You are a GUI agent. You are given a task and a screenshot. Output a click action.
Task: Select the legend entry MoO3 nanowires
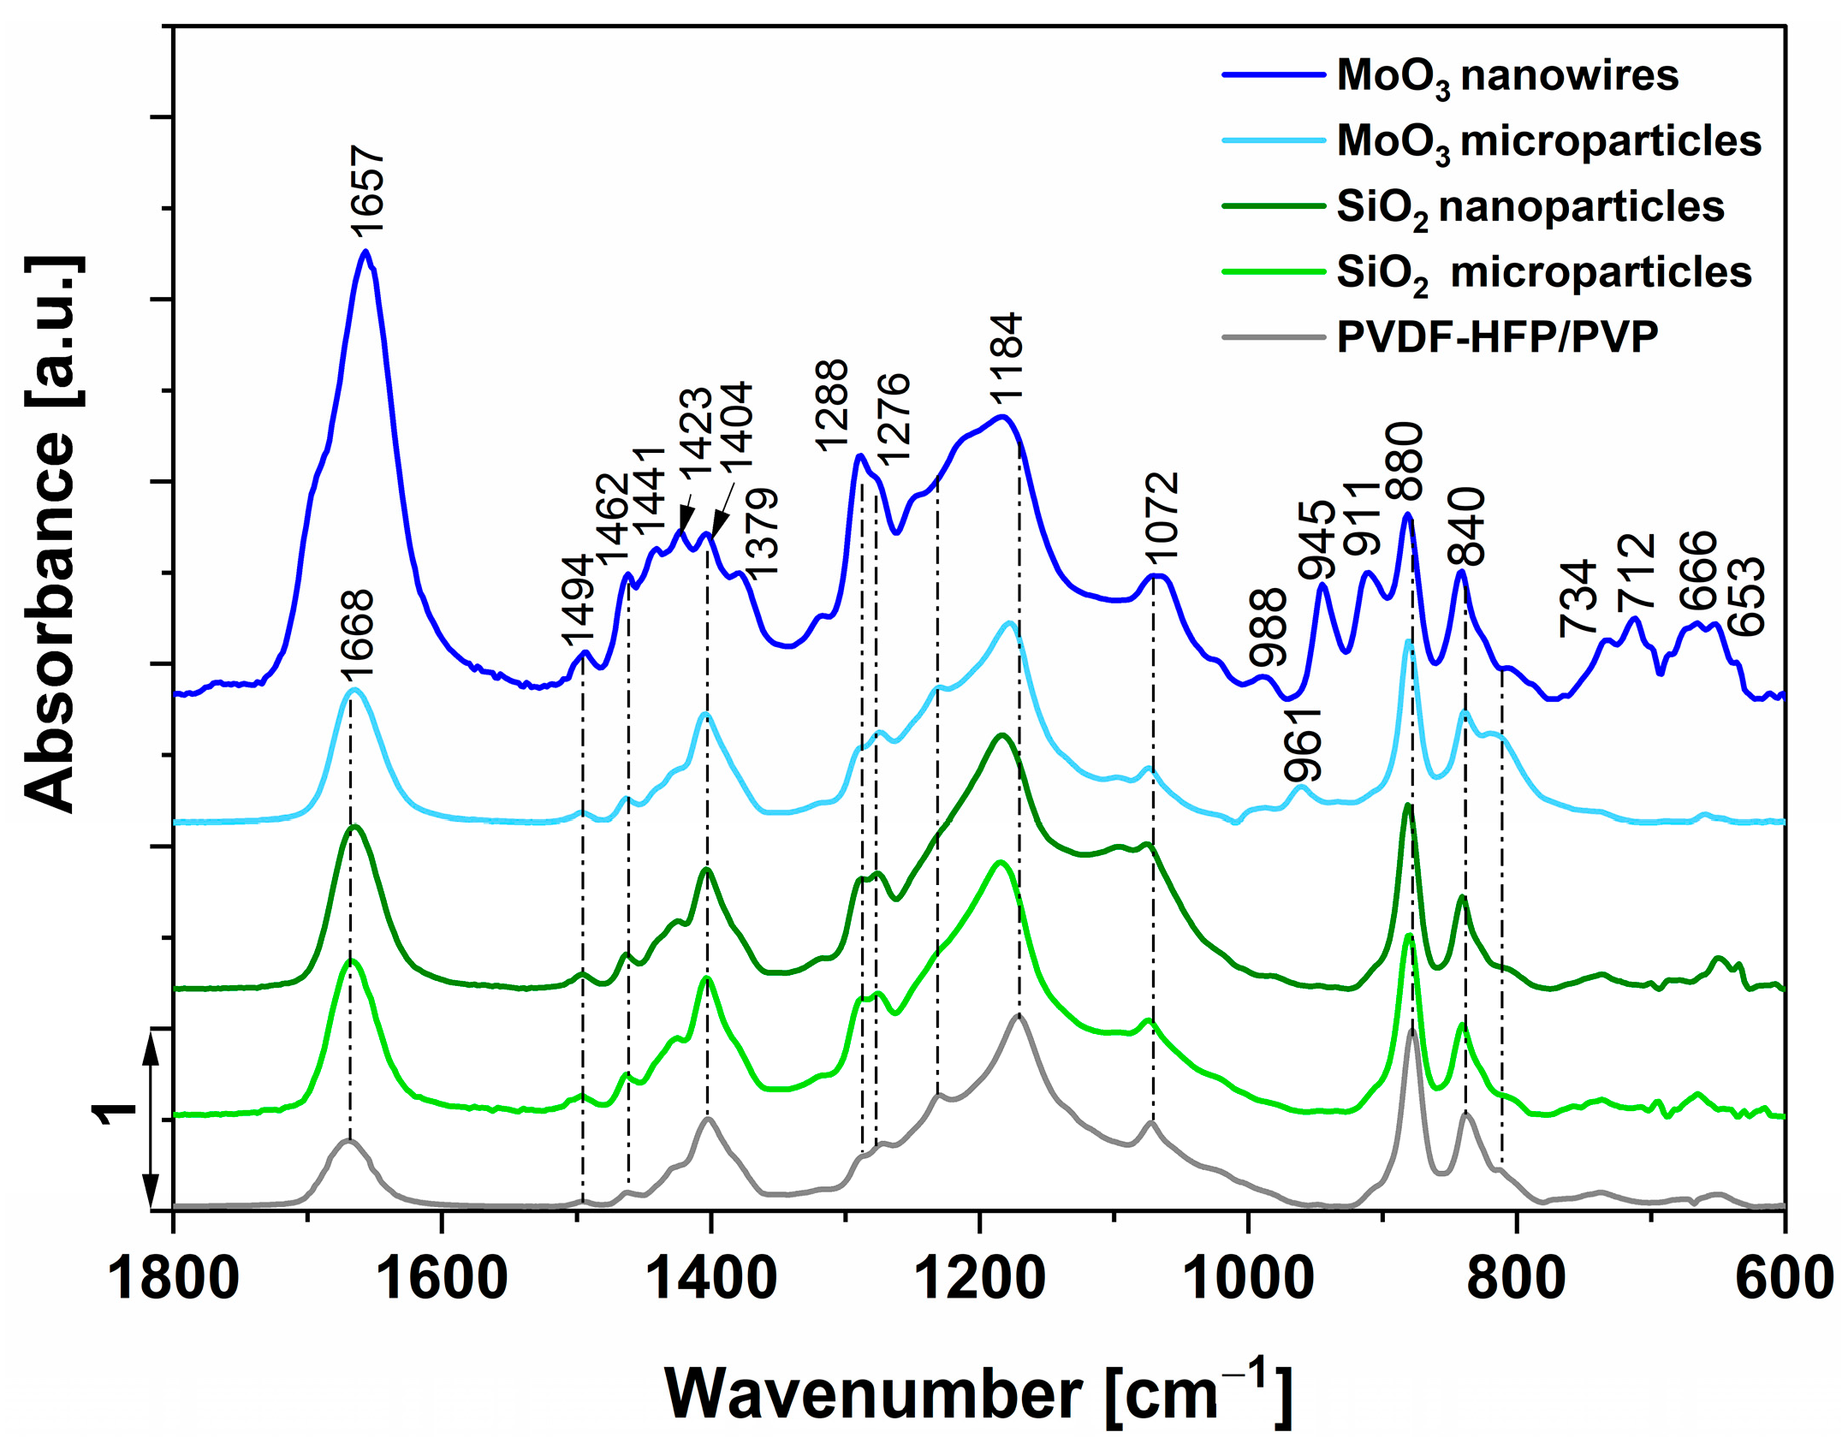click(x=1506, y=76)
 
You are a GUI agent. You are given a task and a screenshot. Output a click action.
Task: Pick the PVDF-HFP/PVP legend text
click(x=1497, y=337)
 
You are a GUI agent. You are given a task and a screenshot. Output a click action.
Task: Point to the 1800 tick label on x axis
click(x=173, y=1279)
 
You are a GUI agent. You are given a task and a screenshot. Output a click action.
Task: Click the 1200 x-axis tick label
click(x=978, y=1279)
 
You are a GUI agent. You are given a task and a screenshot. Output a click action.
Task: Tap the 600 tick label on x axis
click(x=1784, y=1279)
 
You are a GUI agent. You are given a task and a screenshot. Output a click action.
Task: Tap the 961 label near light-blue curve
click(x=1304, y=745)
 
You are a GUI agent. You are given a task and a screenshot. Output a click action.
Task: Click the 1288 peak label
click(x=831, y=406)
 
